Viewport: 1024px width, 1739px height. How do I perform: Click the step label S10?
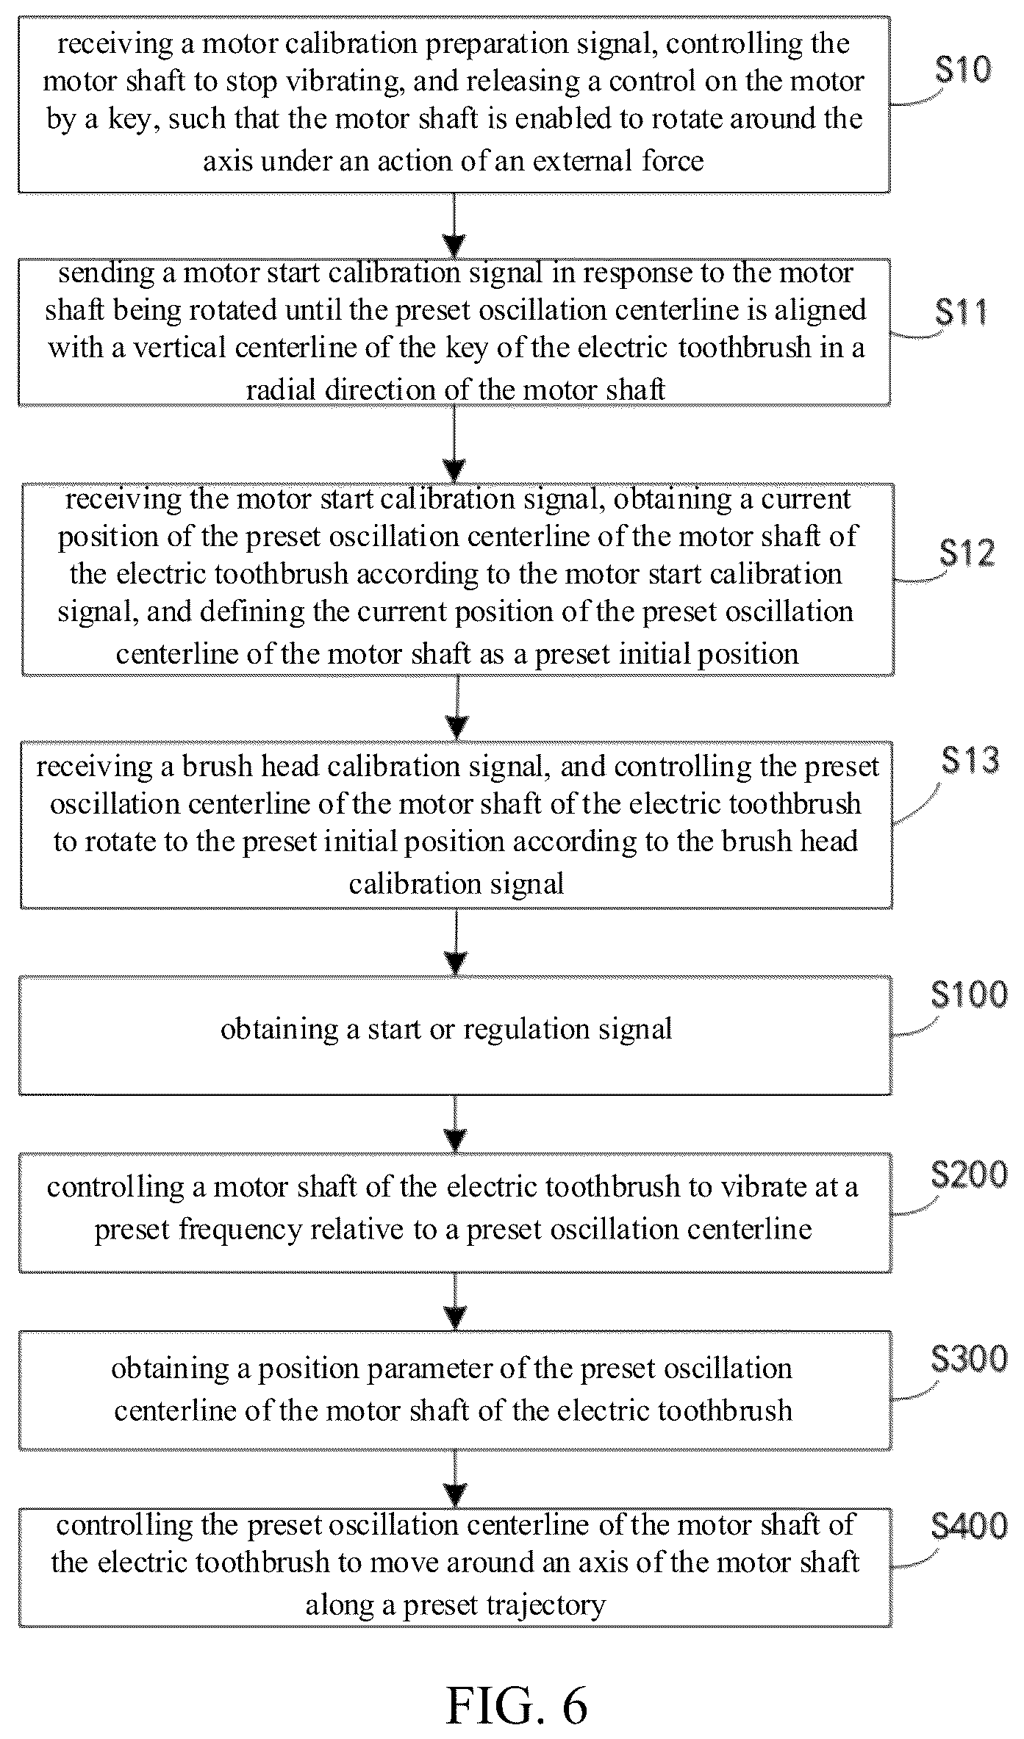point(963,70)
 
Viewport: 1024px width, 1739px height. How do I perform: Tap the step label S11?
point(962,312)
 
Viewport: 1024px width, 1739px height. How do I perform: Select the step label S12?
point(967,553)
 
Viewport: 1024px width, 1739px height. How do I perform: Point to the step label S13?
point(970,760)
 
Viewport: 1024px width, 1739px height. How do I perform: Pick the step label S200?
point(969,1175)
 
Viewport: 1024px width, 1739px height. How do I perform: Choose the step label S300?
point(969,1359)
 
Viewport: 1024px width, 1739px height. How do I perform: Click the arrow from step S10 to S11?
point(455,225)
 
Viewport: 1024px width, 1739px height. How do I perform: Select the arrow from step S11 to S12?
point(455,444)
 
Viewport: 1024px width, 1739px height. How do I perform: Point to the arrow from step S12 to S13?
point(457,708)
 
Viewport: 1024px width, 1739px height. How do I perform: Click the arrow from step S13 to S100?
point(456,942)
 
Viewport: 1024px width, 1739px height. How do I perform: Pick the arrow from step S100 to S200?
point(456,1123)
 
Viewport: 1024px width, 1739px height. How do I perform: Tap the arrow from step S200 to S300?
point(456,1301)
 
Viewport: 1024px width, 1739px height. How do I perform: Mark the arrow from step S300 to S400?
point(456,1478)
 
